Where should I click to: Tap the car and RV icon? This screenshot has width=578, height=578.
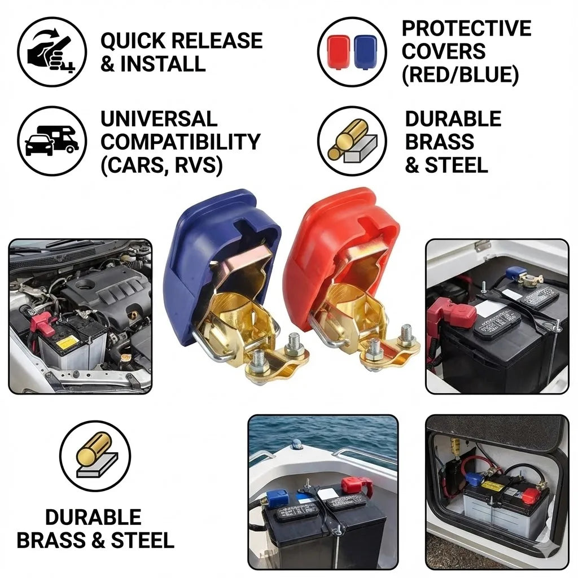pos(52,141)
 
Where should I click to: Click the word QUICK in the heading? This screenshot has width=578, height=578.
pos(134,41)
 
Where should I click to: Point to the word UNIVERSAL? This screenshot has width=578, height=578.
pos(159,119)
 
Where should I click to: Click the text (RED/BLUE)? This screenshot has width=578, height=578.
pos(459,75)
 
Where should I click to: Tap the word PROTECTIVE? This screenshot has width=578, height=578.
pos(466,28)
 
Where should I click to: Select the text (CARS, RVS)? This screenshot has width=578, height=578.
pos(161,165)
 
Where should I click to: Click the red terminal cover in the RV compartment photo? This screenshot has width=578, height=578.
pos(531,496)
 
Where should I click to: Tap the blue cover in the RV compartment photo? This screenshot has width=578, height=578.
pos(473,479)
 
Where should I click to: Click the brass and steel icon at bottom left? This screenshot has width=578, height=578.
pos(95,456)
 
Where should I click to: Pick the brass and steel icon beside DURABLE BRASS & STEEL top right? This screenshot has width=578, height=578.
pos(352,141)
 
